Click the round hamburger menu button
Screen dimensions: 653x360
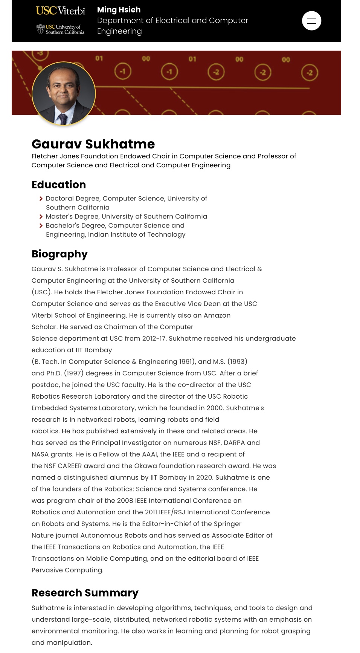tap(311, 21)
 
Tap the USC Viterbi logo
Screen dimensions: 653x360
tap(60, 11)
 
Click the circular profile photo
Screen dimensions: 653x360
tap(64, 93)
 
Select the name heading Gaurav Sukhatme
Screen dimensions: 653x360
tap(93, 144)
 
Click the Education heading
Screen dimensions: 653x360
tap(59, 185)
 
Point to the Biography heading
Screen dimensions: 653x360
tap(59, 254)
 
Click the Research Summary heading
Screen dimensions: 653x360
tap(85, 593)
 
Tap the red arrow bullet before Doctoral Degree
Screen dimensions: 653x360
tap(41, 199)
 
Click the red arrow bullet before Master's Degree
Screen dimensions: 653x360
tap(41, 217)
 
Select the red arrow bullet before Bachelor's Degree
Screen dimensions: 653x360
tap(41, 226)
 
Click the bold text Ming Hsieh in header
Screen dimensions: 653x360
tap(119, 10)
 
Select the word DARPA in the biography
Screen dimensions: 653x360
tap(234, 443)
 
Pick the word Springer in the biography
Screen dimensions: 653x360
tap(227, 524)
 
